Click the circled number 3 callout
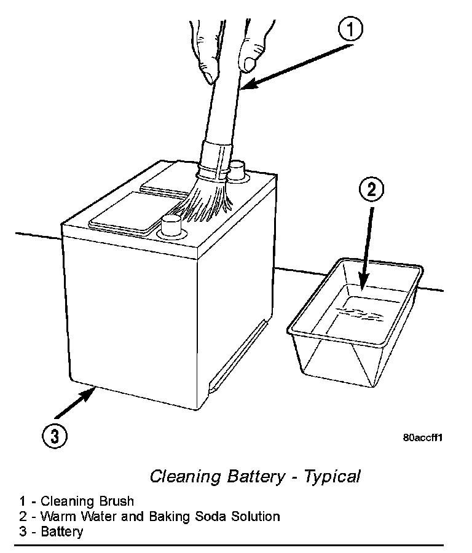55,436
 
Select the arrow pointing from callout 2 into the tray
366,246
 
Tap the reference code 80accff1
423,438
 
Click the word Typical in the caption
332,476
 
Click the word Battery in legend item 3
62,531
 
